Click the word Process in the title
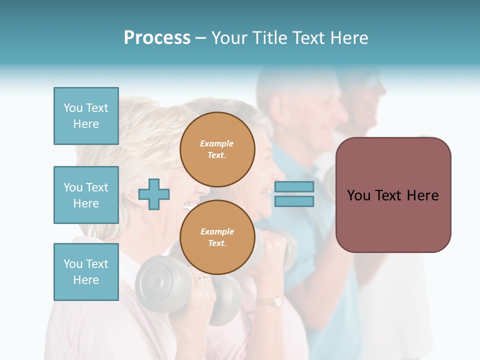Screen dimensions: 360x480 click(157, 38)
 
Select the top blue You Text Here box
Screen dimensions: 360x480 click(86, 116)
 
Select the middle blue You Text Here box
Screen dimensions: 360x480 click(86, 195)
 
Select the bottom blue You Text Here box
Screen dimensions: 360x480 click(86, 272)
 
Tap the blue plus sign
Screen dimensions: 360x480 click(154, 193)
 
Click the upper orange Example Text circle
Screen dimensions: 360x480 click(217, 149)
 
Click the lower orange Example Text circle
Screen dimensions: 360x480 click(217, 237)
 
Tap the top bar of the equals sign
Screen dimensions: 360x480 click(294, 186)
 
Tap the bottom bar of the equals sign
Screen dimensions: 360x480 click(294, 201)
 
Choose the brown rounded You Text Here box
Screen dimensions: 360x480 click(393, 195)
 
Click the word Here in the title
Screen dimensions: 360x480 click(349, 38)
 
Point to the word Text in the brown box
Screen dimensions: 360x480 click(393, 195)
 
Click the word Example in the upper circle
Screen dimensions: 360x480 click(216, 143)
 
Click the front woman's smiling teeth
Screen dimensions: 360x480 click(188, 205)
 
